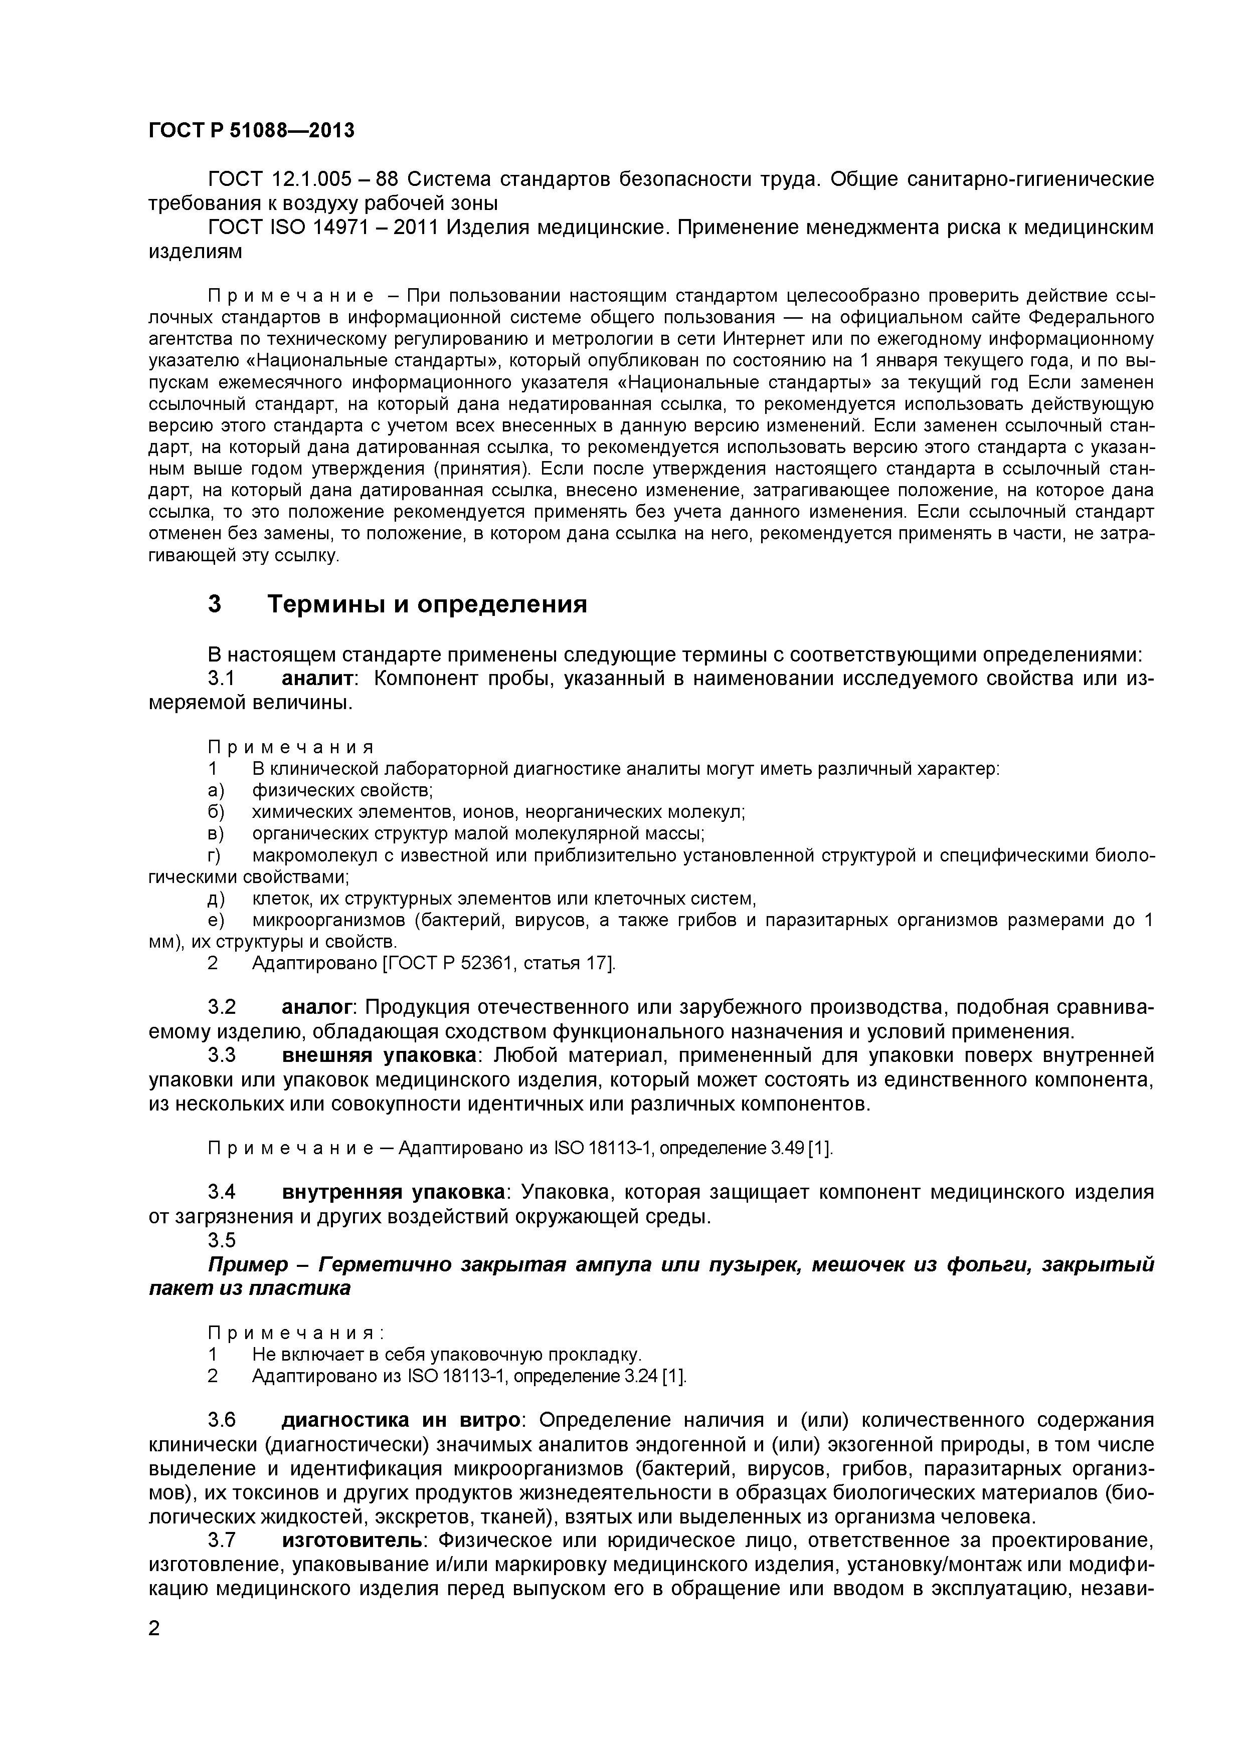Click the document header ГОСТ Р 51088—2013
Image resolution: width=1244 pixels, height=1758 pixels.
coord(251,131)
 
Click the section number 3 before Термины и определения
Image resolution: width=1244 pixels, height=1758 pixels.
coord(215,604)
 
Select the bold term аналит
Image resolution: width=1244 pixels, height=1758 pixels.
coord(317,679)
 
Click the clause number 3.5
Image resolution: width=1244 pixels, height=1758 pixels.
coord(222,1240)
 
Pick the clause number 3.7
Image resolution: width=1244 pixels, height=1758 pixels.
coord(222,1540)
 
